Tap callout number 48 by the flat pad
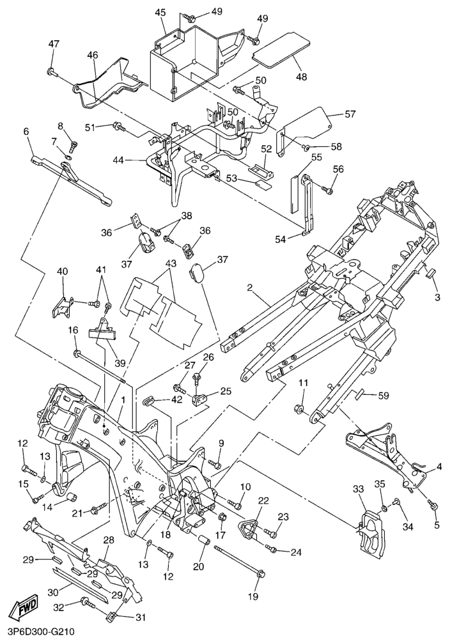(x=301, y=77)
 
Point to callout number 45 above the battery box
(x=160, y=12)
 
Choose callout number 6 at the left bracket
(x=26, y=132)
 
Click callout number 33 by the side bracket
(x=358, y=489)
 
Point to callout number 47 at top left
(x=54, y=43)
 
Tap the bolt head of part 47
(x=50, y=72)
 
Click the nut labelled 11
(x=299, y=408)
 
